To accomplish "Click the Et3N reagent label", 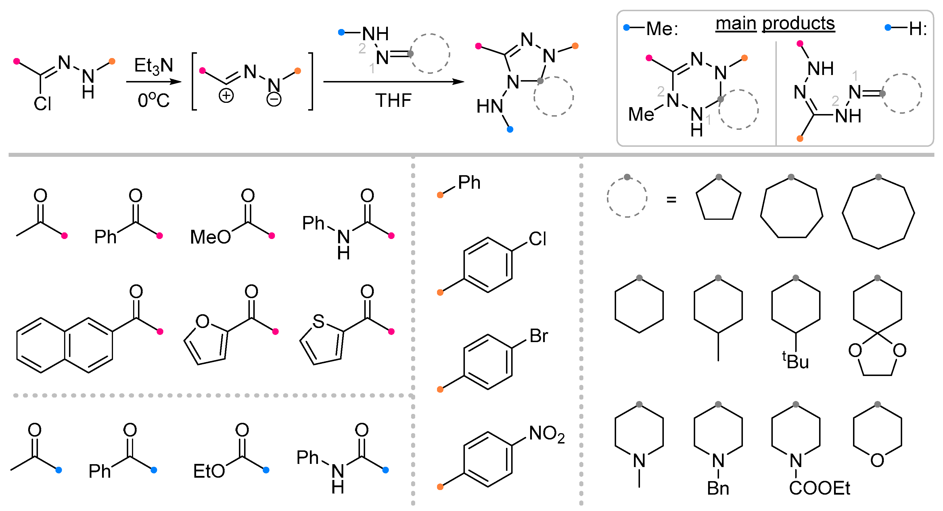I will pyautogui.click(x=154, y=66).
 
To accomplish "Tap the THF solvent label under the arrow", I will pyautogui.click(x=393, y=100).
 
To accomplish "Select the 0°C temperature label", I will pyautogui.click(x=154, y=100).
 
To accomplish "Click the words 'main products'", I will pyautogui.click(x=775, y=24).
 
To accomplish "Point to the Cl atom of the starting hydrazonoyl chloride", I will pyautogui.click(x=43, y=103).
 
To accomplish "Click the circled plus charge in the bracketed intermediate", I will pyautogui.click(x=226, y=96).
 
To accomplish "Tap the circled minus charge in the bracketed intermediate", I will pyautogui.click(x=274, y=99).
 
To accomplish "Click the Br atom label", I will pyautogui.click(x=538, y=336).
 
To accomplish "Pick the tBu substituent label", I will pyautogui.click(x=796, y=361).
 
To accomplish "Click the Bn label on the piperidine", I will pyautogui.click(x=718, y=488).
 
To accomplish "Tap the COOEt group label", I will pyautogui.click(x=819, y=488).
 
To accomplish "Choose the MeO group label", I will pyautogui.click(x=210, y=237).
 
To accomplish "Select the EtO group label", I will pyautogui.click(x=209, y=471).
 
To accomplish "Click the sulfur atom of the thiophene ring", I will pyautogui.click(x=318, y=321).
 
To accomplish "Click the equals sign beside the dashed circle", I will pyautogui.click(x=671, y=200).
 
